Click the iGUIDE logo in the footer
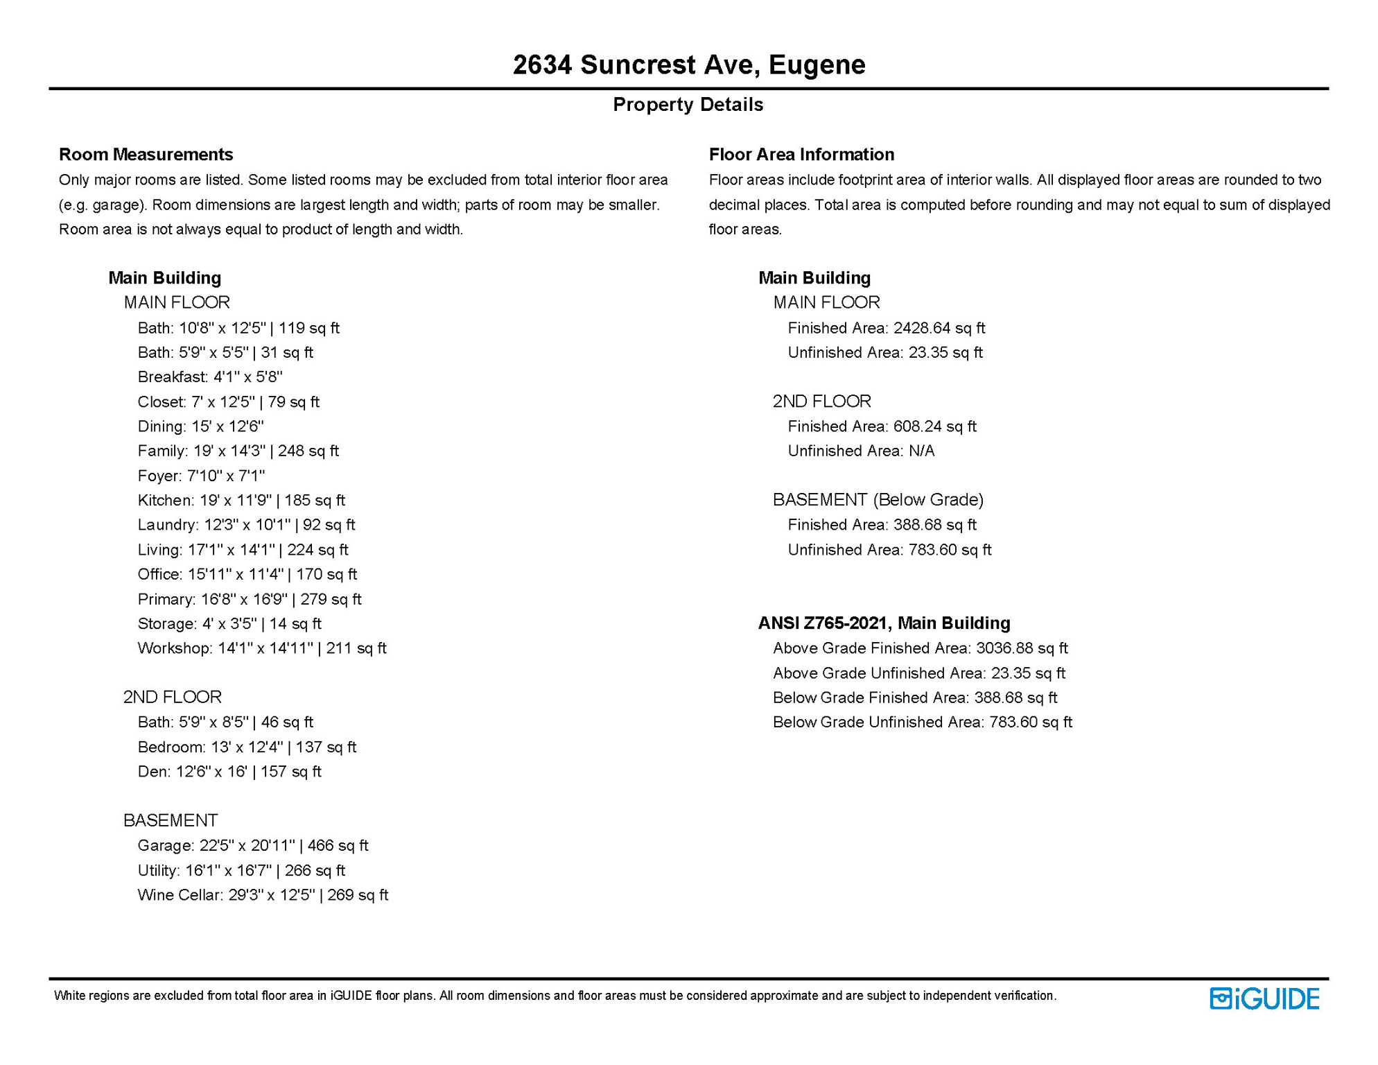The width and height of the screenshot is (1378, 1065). pos(1264,998)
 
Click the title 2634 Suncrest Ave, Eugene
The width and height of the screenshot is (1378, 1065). pos(689,64)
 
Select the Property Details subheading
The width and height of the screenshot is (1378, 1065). pos(688,105)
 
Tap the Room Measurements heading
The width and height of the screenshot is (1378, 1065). pos(146,154)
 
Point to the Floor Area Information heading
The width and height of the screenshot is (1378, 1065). pos(801,154)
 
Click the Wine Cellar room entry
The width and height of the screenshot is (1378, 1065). pos(263,895)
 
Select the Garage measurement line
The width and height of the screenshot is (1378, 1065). pos(252,845)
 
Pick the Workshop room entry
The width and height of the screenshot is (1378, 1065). pos(261,648)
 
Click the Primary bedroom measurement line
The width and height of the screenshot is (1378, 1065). pos(249,599)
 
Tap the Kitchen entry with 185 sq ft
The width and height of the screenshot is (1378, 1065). pos(241,500)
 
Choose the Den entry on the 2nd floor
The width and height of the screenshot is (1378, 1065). pos(229,772)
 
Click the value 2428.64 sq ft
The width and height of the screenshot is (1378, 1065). pos(939,328)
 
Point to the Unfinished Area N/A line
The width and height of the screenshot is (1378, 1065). pos(861,451)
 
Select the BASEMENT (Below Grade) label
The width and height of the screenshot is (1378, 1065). pos(878,500)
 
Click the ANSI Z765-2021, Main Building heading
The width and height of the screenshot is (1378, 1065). pos(884,623)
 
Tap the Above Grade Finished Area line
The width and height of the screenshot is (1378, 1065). pos(920,648)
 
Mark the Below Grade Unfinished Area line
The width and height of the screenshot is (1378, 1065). pos(922,722)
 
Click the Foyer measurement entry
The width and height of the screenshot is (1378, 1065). pos(201,476)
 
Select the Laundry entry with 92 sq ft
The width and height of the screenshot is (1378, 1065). pos(246,525)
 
